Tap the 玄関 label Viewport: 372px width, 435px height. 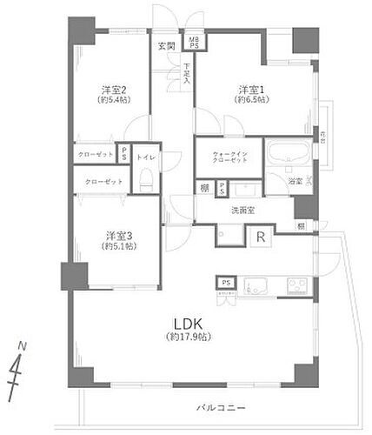[165, 45]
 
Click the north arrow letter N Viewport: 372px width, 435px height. [23, 345]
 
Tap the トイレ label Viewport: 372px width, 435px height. [146, 157]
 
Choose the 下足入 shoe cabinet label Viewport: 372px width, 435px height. [187, 73]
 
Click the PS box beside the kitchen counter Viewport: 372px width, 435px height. [226, 283]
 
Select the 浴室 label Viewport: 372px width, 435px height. [295, 181]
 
